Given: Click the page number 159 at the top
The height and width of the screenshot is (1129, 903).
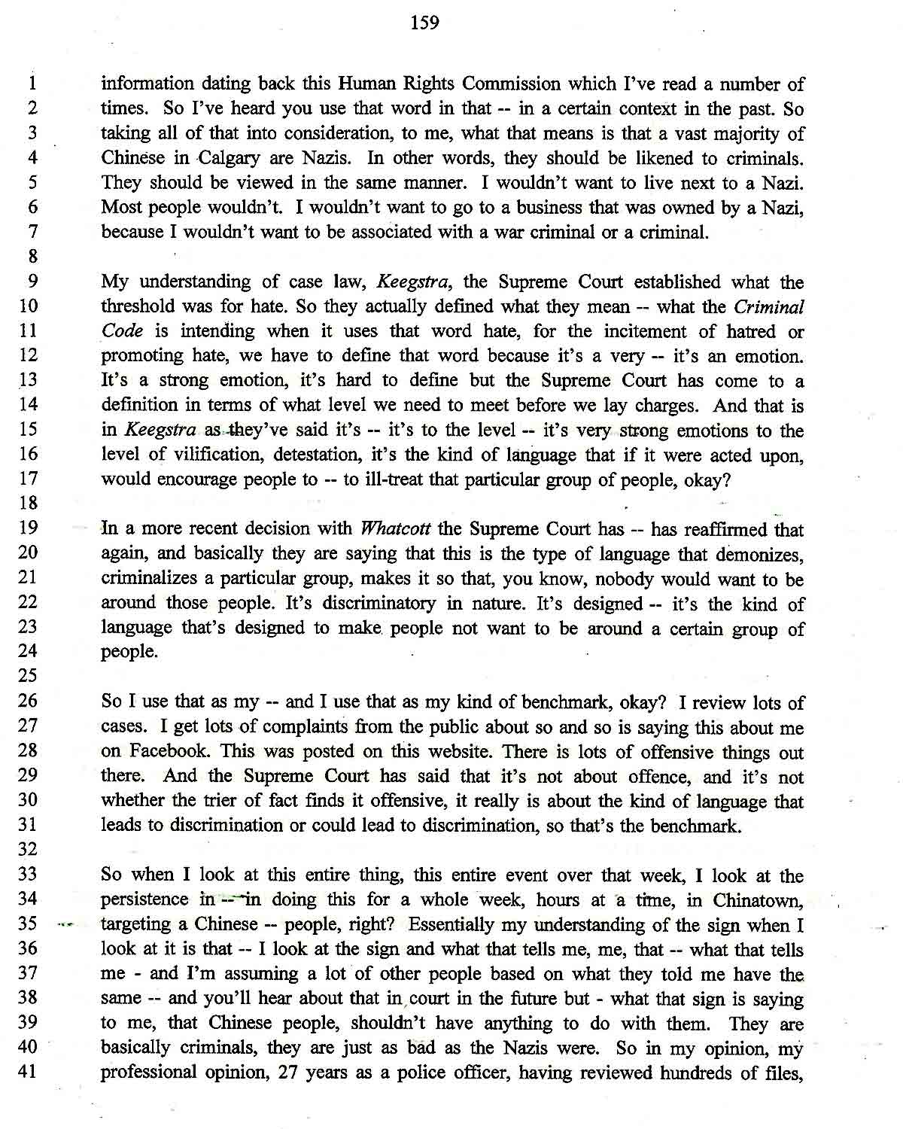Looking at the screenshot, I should click(x=424, y=23).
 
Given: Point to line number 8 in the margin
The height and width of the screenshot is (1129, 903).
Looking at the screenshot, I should click(x=33, y=257).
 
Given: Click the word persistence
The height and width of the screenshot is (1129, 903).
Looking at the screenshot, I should click(x=144, y=899).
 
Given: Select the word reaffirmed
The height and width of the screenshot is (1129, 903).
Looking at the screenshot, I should click(x=725, y=529).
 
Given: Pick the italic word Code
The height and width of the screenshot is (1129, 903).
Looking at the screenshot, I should click(x=122, y=331).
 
